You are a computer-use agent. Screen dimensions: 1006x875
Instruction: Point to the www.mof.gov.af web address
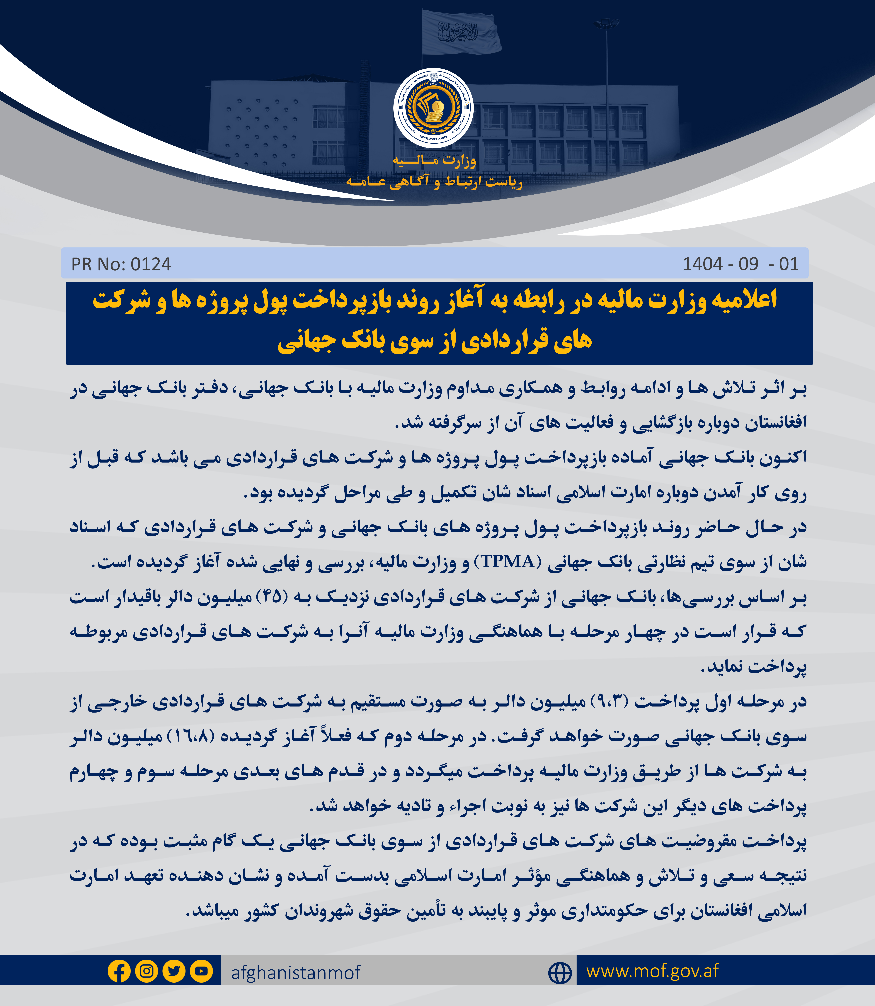652,971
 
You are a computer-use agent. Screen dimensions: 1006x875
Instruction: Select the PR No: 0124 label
121,264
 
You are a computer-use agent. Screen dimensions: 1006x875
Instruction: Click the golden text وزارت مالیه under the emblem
434,160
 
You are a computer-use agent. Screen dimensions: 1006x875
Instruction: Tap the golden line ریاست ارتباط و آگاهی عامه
434,182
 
